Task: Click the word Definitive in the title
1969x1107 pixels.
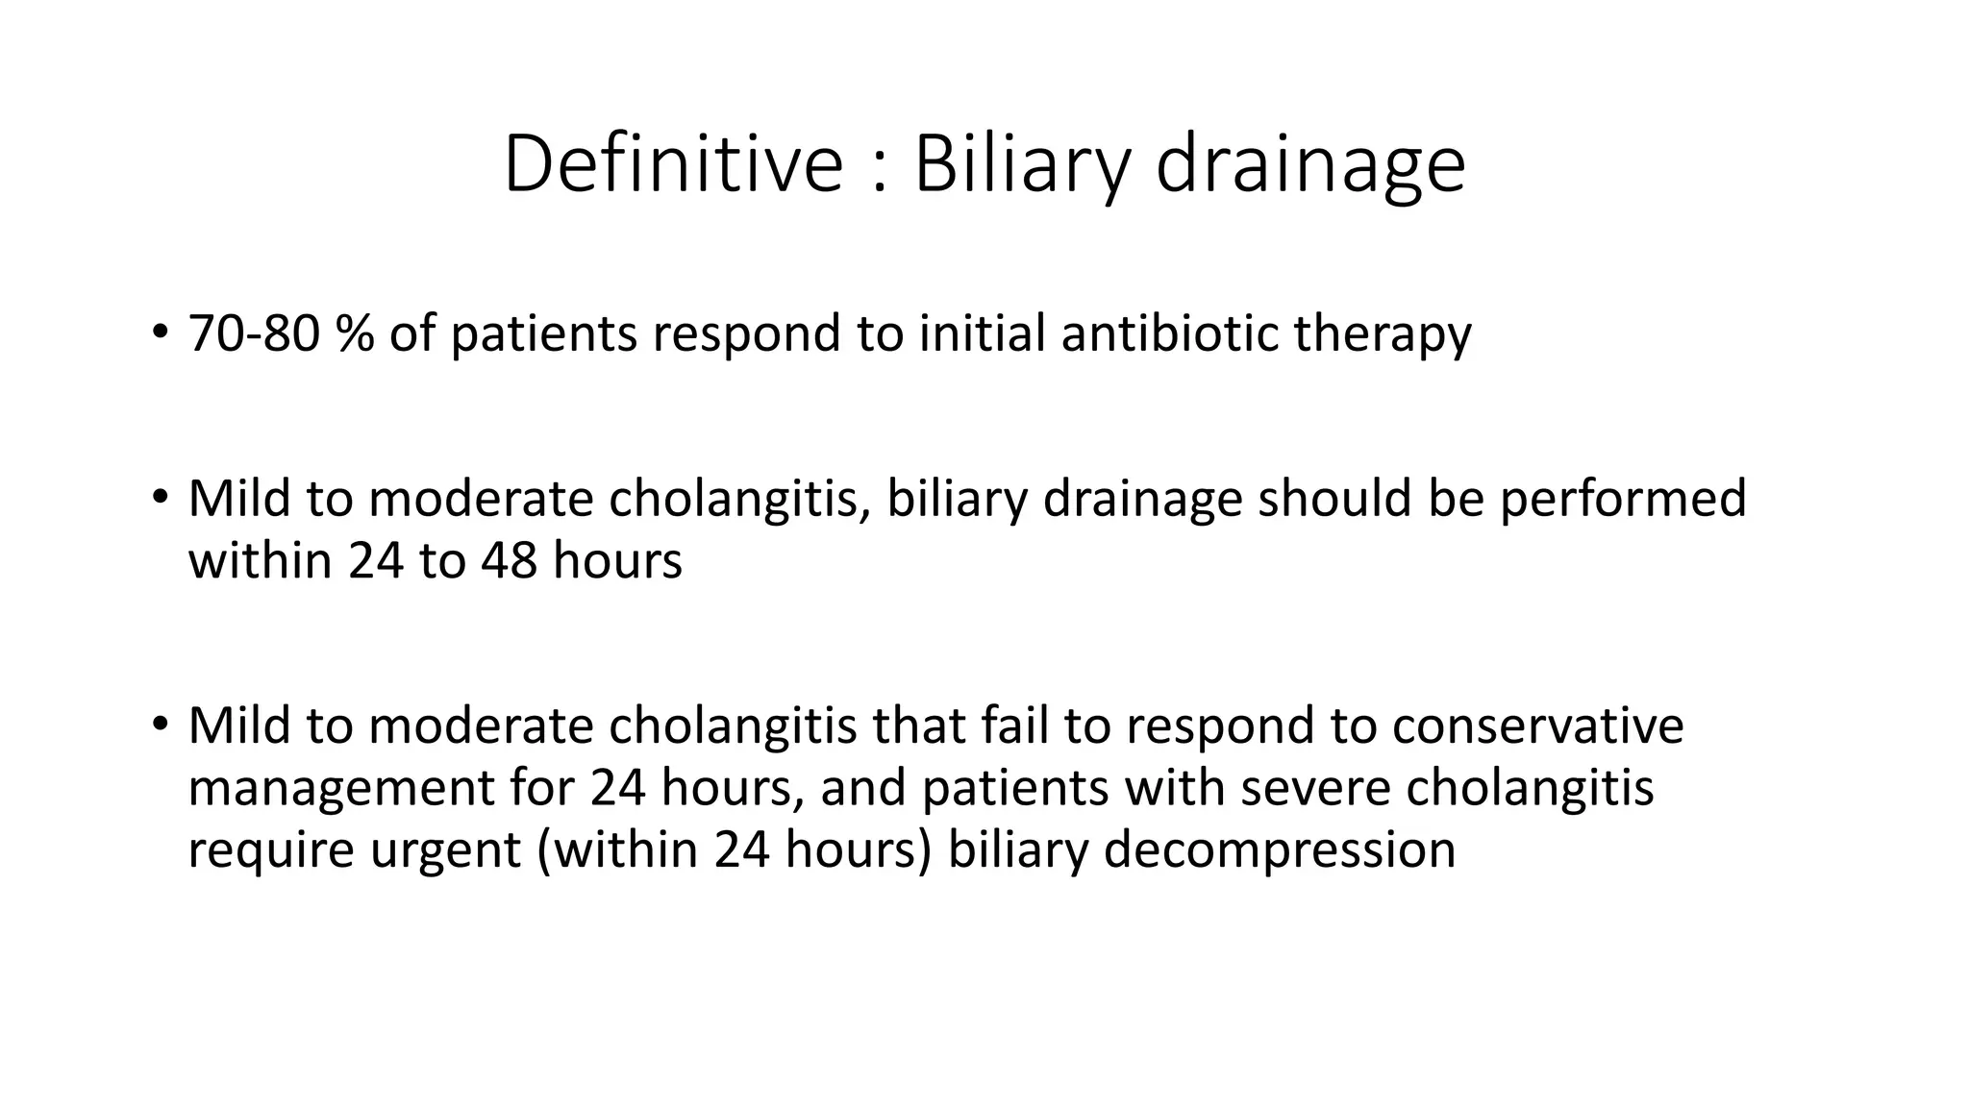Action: click(672, 164)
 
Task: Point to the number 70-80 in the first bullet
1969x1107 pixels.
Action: click(253, 334)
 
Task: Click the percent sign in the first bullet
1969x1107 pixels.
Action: click(355, 334)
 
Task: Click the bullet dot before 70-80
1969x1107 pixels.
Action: click(160, 332)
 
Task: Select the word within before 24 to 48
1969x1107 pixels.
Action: click(260, 561)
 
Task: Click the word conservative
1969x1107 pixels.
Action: click(1537, 726)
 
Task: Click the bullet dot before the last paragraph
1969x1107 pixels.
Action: click(160, 724)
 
